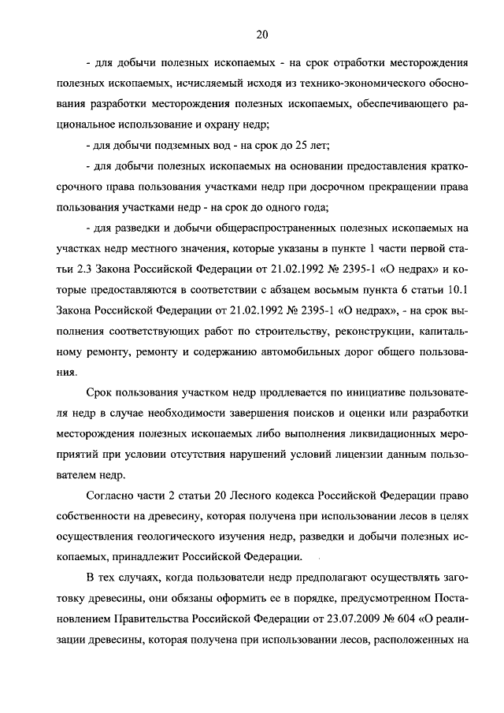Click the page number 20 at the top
click(262, 34)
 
